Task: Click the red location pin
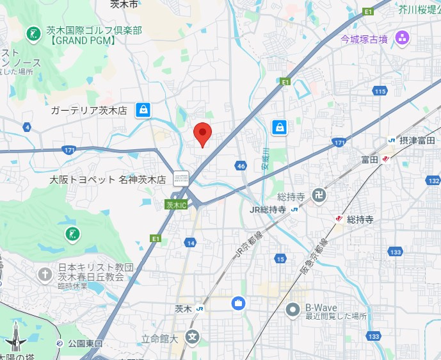click(x=202, y=133)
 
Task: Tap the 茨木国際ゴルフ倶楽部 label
click(x=93, y=31)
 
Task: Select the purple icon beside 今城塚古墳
click(x=402, y=38)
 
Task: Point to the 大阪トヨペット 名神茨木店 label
click(x=108, y=180)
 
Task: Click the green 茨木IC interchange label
click(x=175, y=205)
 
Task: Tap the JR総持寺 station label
click(x=267, y=209)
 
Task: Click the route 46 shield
click(x=240, y=166)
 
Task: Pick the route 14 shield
click(x=191, y=242)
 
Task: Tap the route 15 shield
click(x=280, y=259)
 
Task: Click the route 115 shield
click(x=380, y=92)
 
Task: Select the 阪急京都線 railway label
click(x=314, y=256)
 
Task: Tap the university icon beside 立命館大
click(x=192, y=336)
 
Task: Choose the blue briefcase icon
click(x=237, y=302)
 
